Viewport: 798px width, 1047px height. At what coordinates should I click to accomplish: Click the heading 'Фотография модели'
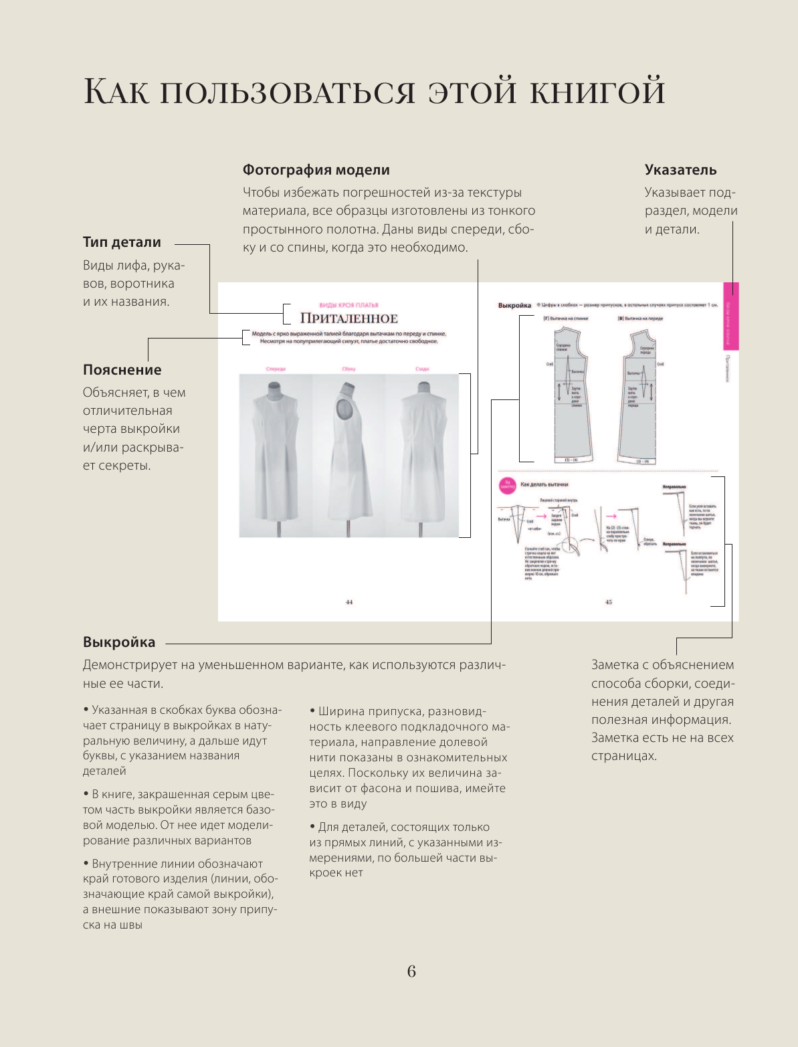click(316, 170)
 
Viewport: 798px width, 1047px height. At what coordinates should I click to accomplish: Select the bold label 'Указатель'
click(680, 170)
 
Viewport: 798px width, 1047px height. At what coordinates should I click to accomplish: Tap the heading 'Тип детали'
click(122, 242)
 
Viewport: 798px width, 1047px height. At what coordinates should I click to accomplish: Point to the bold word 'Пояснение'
click(122, 370)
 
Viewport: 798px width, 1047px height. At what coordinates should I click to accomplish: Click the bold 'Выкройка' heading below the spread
click(119, 642)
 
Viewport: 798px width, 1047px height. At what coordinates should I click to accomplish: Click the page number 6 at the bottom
click(411, 971)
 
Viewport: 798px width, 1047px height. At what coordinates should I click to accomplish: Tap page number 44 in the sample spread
click(348, 602)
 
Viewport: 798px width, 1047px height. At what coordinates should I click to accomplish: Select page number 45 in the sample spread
click(608, 602)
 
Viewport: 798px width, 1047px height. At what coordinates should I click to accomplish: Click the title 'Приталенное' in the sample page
click(348, 318)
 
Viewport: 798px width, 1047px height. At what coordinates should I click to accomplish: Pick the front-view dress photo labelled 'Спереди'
click(276, 455)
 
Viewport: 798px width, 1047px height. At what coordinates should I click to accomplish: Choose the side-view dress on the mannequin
click(348, 455)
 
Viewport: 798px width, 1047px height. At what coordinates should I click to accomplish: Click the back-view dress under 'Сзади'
click(421, 455)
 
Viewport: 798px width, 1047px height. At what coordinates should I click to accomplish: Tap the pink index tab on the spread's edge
click(730, 316)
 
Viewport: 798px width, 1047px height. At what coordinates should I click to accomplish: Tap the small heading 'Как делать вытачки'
click(544, 484)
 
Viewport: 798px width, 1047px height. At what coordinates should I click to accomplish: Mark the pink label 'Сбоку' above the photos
click(348, 369)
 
